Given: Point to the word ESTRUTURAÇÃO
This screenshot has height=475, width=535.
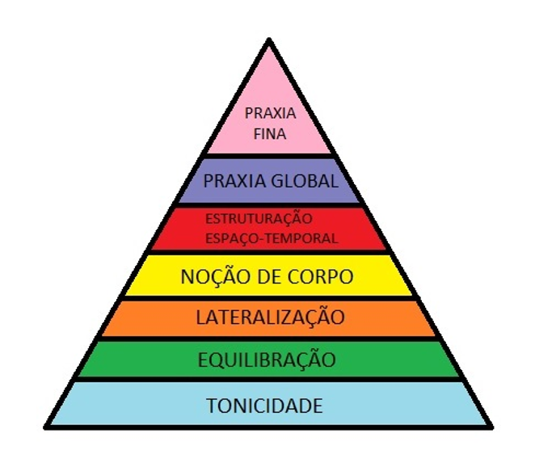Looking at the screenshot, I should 258,219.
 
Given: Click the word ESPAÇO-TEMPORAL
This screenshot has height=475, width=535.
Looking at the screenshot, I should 271,238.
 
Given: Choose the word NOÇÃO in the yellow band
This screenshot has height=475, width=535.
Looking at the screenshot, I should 211,276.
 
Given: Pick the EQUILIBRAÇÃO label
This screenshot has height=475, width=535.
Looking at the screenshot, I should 267,360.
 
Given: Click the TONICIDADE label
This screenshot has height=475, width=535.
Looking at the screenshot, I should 266,405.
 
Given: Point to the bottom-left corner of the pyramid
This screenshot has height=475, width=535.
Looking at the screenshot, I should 44,426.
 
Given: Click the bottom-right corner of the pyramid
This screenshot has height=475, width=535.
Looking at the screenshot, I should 490,426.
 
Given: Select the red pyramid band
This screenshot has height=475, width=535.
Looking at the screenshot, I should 356,229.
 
